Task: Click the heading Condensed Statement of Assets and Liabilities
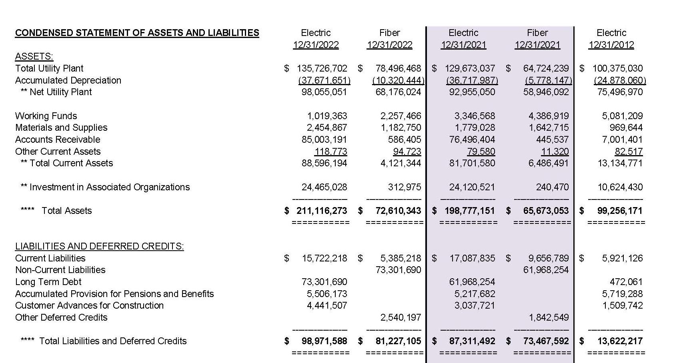click(137, 33)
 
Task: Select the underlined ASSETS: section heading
click(34, 57)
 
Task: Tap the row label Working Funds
click(46, 116)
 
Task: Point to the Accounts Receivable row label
click(58, 140)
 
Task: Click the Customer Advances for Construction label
click(89, 305)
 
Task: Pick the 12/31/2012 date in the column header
click(611, 45)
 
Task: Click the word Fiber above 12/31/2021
click(537, 33)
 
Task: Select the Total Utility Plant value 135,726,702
click(322, 68)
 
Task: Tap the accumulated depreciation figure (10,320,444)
click(398, 80)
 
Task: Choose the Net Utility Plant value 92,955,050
click(472, 92)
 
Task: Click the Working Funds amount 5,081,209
click(622, 116)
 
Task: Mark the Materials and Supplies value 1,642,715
click(548, 128)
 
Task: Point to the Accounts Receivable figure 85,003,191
click(324, 140)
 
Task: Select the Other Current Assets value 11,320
click(555, 152)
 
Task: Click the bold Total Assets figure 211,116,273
click(321, 211)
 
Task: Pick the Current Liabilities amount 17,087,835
click(472, 258)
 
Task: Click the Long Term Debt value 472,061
click(626, 282)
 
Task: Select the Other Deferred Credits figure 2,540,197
click(401, 317)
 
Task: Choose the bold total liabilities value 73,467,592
click(546, 341)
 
